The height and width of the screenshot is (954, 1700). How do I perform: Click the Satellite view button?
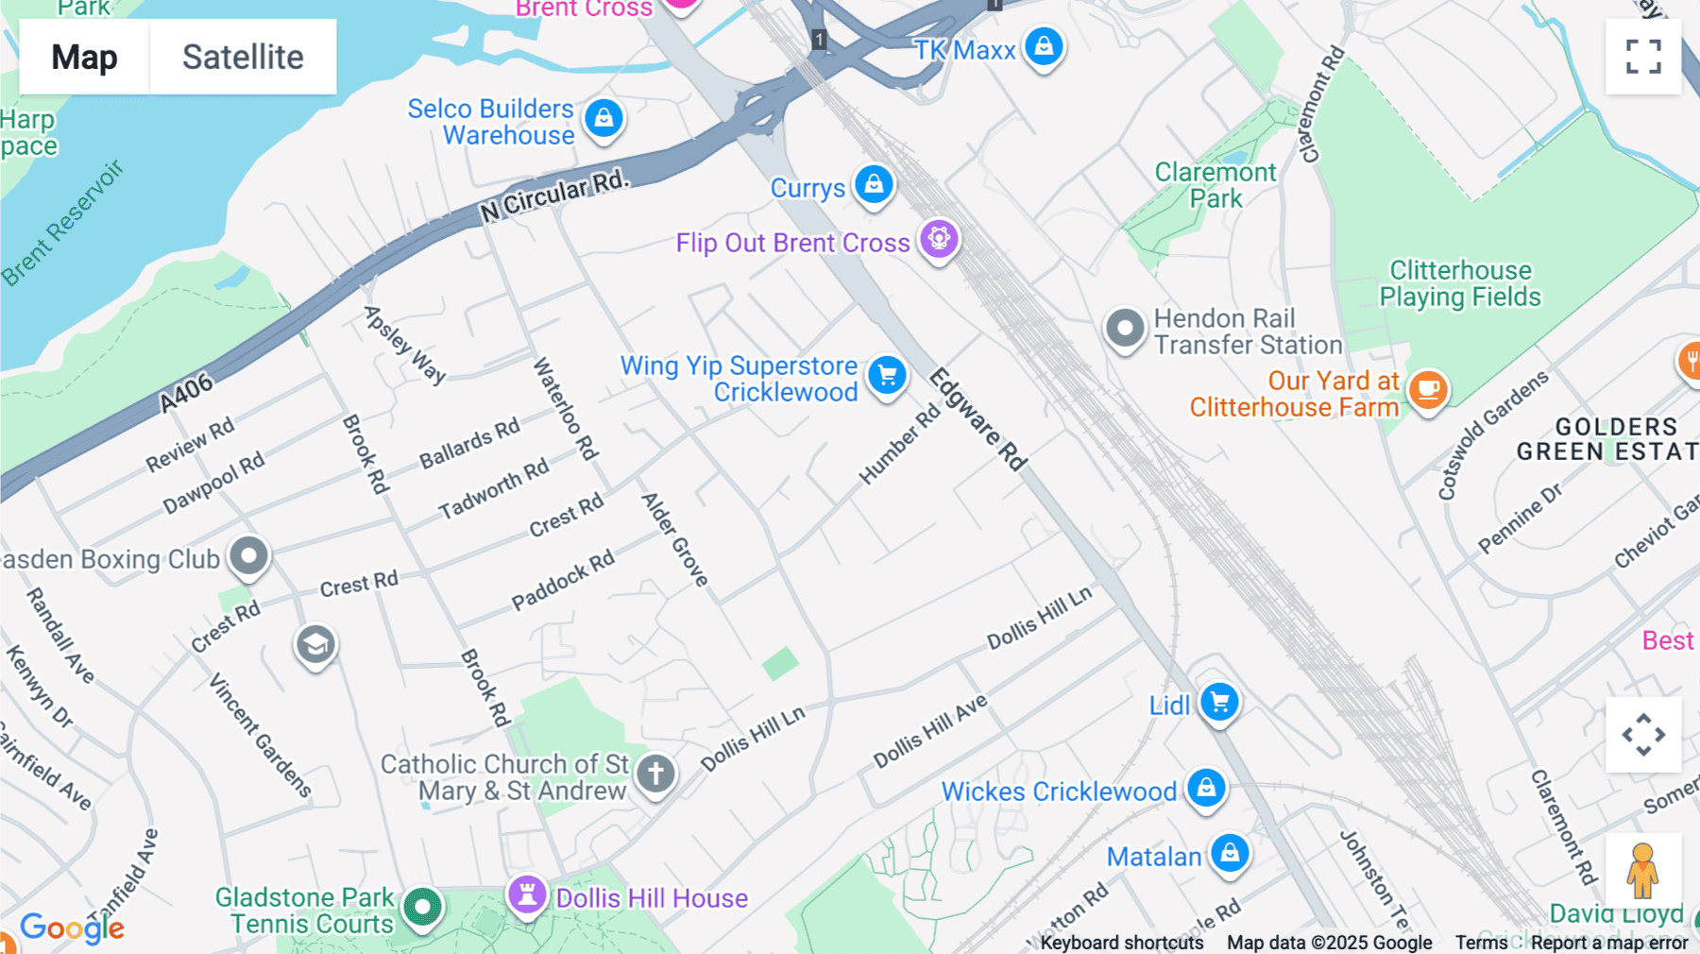point(243,57)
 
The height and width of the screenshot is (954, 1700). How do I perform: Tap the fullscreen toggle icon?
point(1643,57)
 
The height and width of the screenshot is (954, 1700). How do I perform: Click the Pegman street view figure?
point(1642,870)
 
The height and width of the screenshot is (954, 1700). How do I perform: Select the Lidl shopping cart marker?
point(1219,702)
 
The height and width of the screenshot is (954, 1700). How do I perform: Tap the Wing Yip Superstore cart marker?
point(887,376)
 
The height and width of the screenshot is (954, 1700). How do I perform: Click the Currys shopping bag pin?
point(874,184)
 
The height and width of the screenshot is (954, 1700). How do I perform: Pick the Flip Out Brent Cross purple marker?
point(939,239)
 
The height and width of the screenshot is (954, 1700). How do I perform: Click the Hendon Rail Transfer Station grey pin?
point(1125,329)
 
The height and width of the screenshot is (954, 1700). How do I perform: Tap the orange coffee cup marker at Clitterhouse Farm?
point(1428,389)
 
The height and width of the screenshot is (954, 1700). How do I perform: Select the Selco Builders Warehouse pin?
point(603,118)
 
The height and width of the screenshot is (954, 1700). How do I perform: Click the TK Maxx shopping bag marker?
point(1044,46)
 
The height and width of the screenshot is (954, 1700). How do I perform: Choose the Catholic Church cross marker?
point(655,774)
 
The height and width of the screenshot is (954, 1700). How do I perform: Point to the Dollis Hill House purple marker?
point(527,894)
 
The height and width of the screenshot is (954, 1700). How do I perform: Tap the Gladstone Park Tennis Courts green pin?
point(422,907)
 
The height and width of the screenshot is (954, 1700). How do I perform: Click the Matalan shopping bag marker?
point(1230,853)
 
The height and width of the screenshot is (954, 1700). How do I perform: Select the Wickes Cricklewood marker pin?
point(1206,788)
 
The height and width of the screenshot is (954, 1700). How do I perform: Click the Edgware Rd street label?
point(978,419)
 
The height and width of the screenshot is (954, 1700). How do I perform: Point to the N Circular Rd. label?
point(553,196)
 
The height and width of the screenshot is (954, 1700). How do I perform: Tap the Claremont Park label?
point(1215,185)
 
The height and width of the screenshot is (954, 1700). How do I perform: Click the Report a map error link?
point(1608,942)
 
